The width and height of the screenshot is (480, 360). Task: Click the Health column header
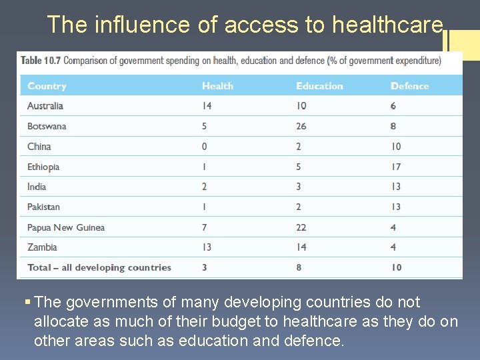coord(217,86)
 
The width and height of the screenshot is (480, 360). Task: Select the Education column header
coord(319,86)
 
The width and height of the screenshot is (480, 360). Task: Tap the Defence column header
coord(409,86)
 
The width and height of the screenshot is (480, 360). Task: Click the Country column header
coord(47,86)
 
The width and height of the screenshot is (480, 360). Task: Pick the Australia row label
coord(45,106)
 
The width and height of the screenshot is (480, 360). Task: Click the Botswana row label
coord(47,126)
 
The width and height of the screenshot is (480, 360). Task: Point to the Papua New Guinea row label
coord(66,227)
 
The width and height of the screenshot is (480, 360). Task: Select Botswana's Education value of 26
coord(301,126)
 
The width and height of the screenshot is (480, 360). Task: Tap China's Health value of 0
coord(205,147)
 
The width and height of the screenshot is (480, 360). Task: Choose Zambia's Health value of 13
coord(207,247)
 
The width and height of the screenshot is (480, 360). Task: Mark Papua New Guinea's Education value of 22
coord(301,227)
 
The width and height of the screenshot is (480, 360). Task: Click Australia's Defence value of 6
coord(393,106)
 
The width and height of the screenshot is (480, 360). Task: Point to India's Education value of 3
coord(299,187)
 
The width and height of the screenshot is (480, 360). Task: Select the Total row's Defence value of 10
coord(396,267)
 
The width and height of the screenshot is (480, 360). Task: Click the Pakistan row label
coord(43,207)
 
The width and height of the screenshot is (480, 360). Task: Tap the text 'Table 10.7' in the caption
coord(41,61)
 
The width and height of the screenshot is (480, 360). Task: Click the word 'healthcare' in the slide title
coord(387,25)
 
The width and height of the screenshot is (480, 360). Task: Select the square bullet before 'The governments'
coord(27,303)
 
